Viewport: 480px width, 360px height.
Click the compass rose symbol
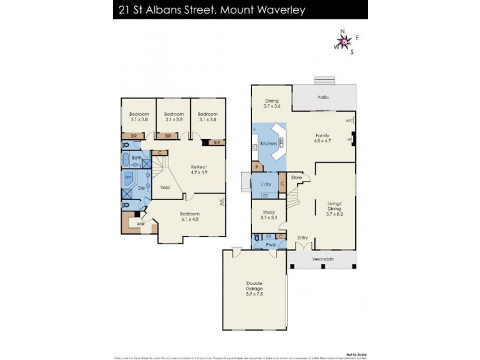[x=344, y=41]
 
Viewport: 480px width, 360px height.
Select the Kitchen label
[x=268, y=144]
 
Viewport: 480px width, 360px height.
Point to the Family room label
[x=323, y=136]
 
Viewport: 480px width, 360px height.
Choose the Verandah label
[x=322, y=259]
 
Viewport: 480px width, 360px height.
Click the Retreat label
[x=199, y=167]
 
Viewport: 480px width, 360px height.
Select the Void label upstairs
[x=164, y=187]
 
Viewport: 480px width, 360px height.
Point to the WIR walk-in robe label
[x=140, y=224]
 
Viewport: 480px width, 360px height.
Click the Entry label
[x=302, y=238]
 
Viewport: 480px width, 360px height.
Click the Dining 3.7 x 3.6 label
[x=272, y=103]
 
